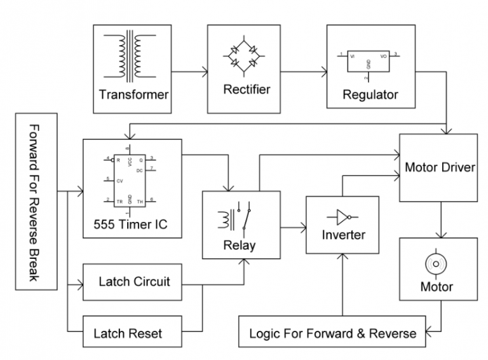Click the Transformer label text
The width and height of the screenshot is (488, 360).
133,95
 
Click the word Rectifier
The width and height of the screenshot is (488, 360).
247,89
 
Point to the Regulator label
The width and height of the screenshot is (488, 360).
370,95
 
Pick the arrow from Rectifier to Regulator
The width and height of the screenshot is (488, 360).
304,71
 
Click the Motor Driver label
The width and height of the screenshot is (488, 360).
440,168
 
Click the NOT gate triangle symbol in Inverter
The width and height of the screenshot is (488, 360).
342,216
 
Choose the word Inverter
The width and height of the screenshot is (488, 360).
343,235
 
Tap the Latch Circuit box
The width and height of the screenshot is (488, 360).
134,281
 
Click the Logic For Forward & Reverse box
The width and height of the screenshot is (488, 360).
332,333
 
